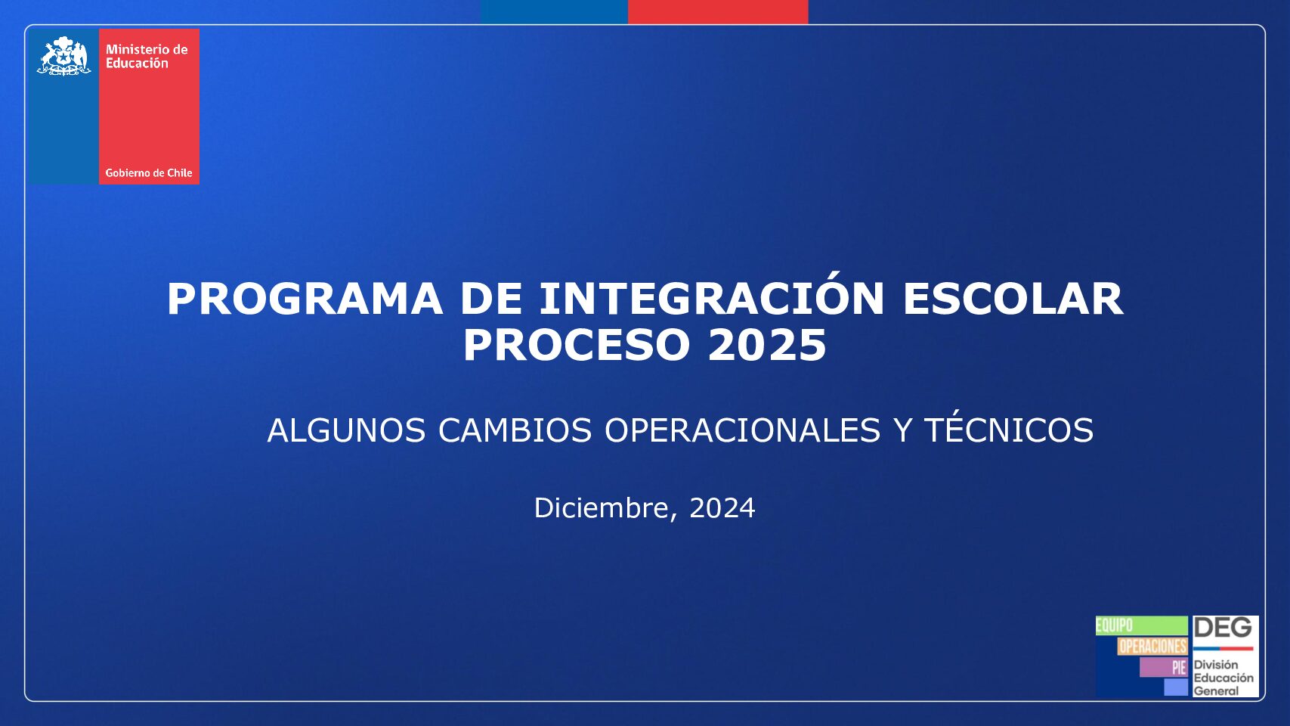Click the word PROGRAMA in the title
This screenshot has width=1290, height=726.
(x=305, y=299)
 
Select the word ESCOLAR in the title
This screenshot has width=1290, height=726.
(x=1013, y=299)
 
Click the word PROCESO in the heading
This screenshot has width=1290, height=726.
(x=577, y=345)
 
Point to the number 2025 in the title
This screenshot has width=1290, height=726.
(x=768, y=345)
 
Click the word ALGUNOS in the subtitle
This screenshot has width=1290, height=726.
(x=346, y=430)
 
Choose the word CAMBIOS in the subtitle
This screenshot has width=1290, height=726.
(x=515, y=430)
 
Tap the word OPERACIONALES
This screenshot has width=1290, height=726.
(x=742, y=430)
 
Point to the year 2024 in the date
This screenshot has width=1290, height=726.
(x=722, y=508)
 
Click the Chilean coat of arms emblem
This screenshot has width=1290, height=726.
(x=64, y=56)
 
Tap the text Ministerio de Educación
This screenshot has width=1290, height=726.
(x=147, y=57)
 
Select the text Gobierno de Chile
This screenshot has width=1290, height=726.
(x=149, y=173)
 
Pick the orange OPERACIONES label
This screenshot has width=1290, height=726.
(x=1152, y=646)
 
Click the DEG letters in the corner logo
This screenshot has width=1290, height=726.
(x=1223, y=628)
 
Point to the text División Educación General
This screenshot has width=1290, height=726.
(x=1223, y=678)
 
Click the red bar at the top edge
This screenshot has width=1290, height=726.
(x=718, y=11)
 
